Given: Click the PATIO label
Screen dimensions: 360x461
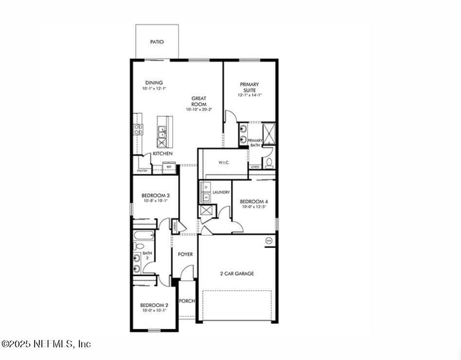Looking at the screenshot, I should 157,42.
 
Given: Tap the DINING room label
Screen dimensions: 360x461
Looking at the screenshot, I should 154,83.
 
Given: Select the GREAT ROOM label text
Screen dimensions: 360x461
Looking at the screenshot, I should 199,101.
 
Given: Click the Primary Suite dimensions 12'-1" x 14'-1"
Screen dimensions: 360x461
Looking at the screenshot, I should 250,96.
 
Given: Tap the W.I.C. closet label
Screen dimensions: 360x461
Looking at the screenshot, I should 224,163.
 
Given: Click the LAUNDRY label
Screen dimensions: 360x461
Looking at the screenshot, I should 221,192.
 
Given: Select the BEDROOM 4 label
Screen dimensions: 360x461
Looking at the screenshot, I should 254,202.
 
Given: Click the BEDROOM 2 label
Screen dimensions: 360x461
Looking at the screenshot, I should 154,305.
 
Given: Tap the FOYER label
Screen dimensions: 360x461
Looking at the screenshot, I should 185,254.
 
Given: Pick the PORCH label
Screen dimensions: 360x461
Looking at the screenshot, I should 187,301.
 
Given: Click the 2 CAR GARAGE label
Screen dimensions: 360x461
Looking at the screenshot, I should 237,274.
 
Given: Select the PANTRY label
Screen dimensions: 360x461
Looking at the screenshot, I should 142,171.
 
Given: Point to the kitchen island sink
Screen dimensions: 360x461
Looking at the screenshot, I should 163,138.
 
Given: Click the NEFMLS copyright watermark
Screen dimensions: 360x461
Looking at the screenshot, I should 46,344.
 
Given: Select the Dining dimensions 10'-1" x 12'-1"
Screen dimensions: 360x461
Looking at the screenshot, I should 154,89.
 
